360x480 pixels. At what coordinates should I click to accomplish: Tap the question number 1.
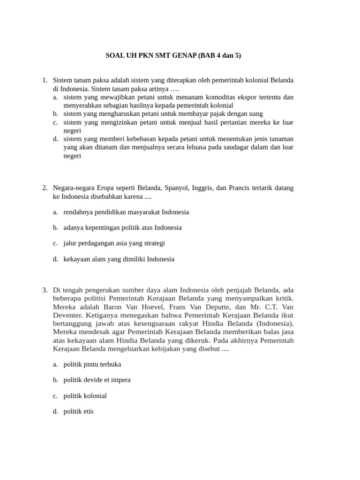pos(45,80)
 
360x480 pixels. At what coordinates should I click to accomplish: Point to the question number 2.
pos(45,187)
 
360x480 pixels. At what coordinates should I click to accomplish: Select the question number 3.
pos(45,290)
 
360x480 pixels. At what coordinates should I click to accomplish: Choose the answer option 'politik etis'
pos(78,412)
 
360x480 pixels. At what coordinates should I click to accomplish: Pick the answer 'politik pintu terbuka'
pos(92,364)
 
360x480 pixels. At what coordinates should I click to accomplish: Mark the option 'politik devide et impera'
pos(97,380)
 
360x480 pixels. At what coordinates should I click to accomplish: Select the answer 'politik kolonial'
pos(85,396)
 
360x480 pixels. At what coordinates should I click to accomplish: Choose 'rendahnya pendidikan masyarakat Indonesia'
pos(126,212)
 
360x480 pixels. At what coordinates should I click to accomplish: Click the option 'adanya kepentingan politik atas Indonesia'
pos(122,227)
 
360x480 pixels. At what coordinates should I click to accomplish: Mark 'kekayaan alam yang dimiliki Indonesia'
pos(119,259)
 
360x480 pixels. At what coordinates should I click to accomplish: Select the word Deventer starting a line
pos(67,315)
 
